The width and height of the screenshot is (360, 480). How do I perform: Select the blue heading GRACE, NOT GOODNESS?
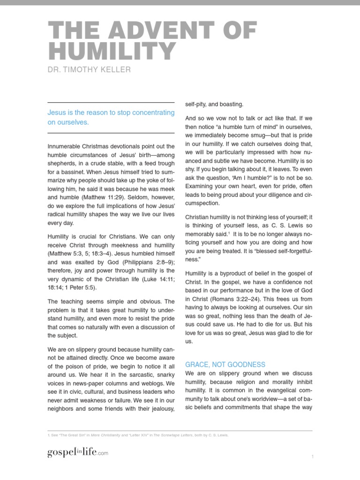(x=225, y=364)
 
